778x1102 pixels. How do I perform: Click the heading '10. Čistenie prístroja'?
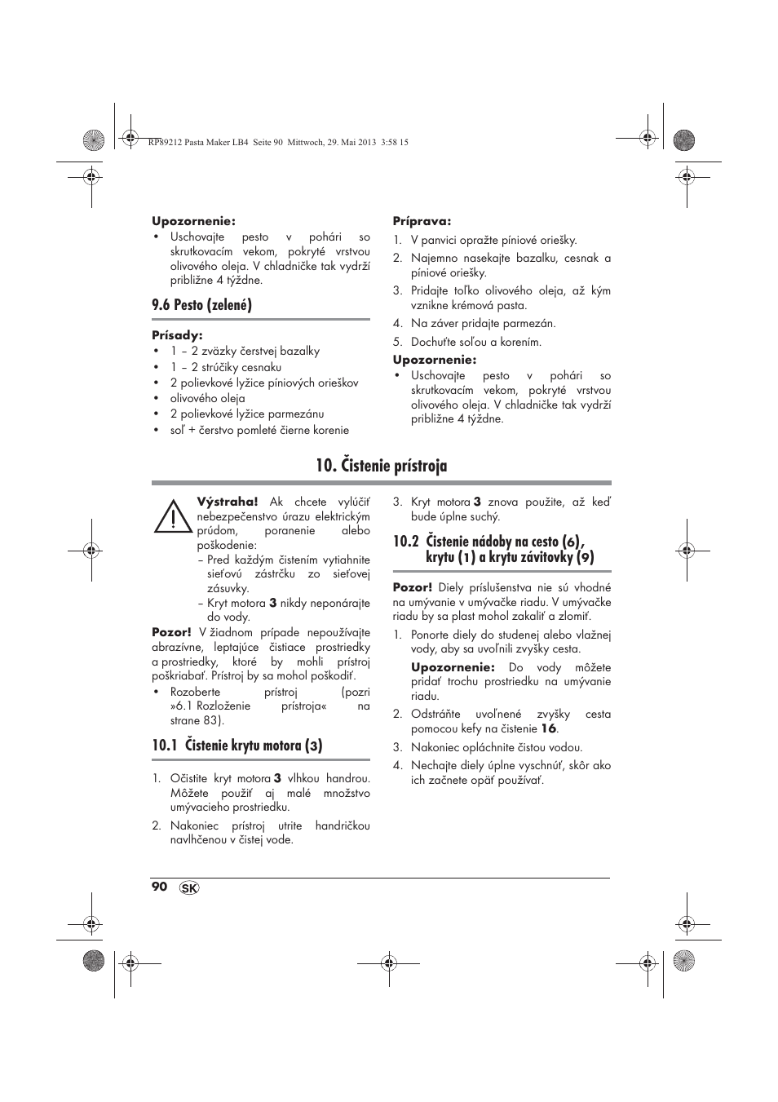381,466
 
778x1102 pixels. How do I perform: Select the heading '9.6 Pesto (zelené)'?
201,305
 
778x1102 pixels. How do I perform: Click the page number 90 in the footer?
159,887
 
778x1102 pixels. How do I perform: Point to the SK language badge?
188,888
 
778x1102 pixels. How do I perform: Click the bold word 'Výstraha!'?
227,502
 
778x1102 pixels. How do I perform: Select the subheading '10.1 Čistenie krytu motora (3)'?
236,745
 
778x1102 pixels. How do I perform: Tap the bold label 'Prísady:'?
177,335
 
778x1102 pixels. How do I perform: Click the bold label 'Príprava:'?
422,221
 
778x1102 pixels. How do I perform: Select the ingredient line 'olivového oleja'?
207,398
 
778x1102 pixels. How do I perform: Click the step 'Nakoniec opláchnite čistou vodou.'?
496,747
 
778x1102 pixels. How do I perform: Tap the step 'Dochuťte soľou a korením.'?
475,343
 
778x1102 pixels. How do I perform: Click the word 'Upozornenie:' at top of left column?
193,220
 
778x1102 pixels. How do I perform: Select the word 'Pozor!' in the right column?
413,587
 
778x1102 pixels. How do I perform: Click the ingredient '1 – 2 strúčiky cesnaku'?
225,367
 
